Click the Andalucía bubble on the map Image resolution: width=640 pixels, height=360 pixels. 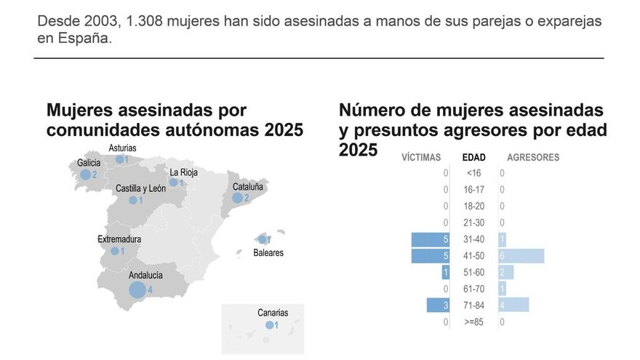(x=137, y=290)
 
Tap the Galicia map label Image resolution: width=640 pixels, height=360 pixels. (x=88, y=163)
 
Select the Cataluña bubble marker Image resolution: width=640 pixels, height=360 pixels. (x=237, y=198)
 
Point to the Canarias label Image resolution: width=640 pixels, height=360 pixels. (x=273, y=313)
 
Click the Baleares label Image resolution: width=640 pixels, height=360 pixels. (x=268, y=253)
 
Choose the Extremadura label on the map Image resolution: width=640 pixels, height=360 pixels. (x=119, y=239)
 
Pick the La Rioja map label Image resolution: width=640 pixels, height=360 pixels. (x=183, y=172)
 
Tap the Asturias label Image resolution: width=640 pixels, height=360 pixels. (x=122, y=148)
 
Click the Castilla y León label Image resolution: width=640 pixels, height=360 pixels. (x=140, y=188)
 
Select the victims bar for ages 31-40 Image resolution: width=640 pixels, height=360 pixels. (x=431, y=239)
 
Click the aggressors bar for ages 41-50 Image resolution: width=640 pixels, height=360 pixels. (x=521, y=256)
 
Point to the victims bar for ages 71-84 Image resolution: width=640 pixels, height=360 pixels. (x=439, y=305)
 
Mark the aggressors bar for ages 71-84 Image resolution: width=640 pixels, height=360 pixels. (x=514, y=305)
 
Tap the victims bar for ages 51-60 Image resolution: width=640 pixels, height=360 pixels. (x=446, y=272)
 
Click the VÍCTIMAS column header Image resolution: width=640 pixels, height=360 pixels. (x=421, y=157)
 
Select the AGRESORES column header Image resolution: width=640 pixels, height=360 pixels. (x=533, y=157)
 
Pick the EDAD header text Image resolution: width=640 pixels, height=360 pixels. (x=474, y=157)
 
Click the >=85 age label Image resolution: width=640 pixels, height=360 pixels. (x=474, y=322)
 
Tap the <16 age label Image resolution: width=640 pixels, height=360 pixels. (x=474, y=173)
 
